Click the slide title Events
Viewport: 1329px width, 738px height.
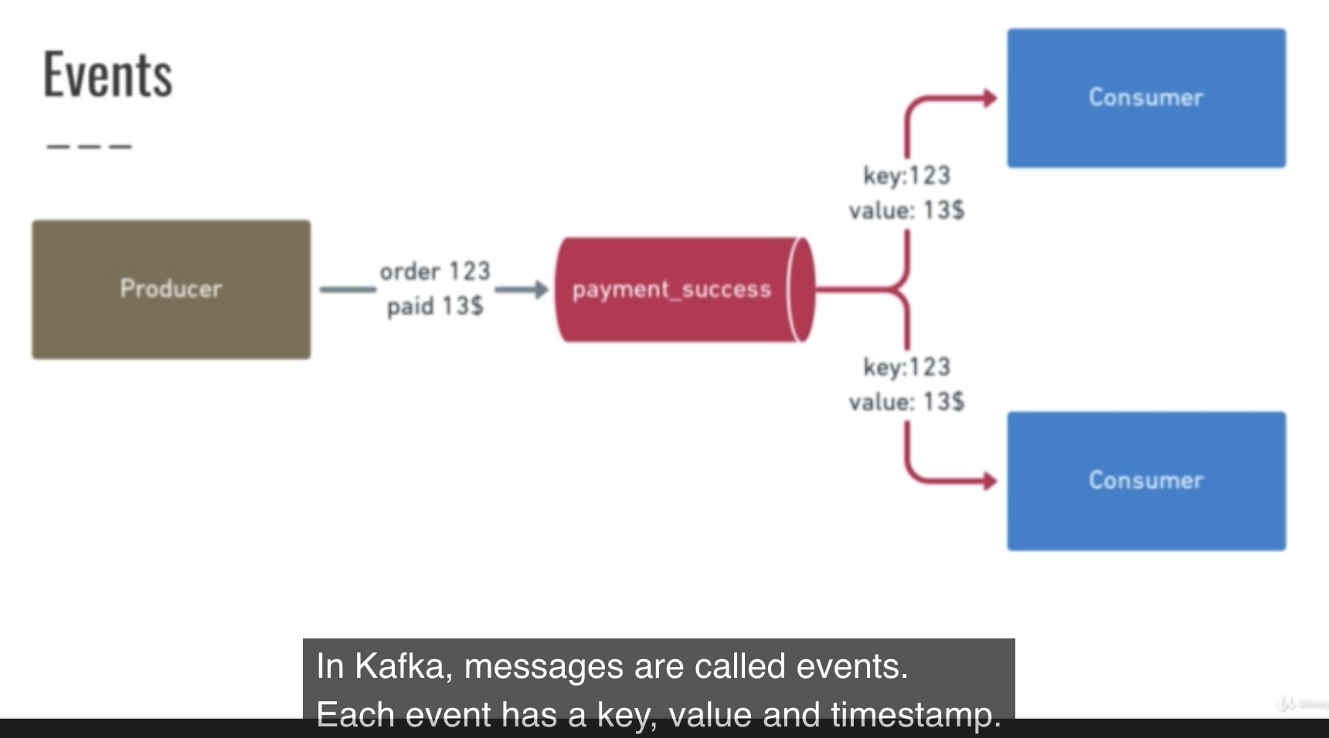(x=107, y=74)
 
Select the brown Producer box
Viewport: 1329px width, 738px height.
(x=172, y=289)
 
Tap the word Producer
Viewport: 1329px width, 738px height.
(x=171, y=289)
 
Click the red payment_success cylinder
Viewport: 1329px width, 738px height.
(x=685, y=289)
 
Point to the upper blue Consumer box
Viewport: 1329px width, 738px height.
(x=1147, y=98)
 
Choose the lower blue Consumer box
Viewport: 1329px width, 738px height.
(x=1147, y=481)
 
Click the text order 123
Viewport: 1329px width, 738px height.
(x=435, y=271)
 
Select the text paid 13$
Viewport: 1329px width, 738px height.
(x=435, y=306)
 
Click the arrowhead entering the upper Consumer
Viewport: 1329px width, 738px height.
(x=989, y=98)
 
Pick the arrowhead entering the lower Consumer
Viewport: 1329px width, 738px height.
(x=989, y=481)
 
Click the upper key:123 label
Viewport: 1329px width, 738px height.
(x=907, y=176)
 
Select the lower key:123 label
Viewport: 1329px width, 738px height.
(x=907, y=367)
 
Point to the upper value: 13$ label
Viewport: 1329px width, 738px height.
(x=906, y=210)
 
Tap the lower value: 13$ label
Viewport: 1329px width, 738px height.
(x=906, y=401)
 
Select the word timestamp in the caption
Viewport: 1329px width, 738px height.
(x=916, y=716)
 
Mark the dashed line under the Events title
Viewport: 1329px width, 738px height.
(x=89, y=146)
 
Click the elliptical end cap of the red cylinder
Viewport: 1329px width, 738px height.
(x=800, y=289)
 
